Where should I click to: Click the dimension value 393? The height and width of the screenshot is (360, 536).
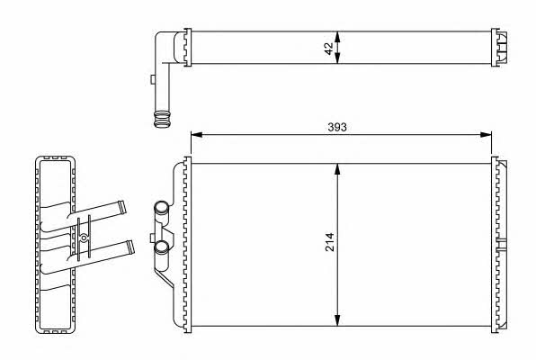pos(337,127)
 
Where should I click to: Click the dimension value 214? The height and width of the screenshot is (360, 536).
pos(330,242)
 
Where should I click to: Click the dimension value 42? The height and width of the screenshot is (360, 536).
pos(329,49)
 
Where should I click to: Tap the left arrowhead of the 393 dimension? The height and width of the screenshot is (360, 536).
pos(197,135)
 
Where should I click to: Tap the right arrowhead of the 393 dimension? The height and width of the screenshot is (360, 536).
pos(486,135)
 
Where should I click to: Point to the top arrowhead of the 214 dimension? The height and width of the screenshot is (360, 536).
pos(337,169)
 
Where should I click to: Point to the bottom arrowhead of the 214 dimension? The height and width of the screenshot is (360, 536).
pos(337,320)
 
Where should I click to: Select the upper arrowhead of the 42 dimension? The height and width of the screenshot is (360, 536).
pos(337,37)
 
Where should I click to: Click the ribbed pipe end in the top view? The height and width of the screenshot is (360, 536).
pos(162,119)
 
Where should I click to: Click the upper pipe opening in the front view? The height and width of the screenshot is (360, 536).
pos(161,207)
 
